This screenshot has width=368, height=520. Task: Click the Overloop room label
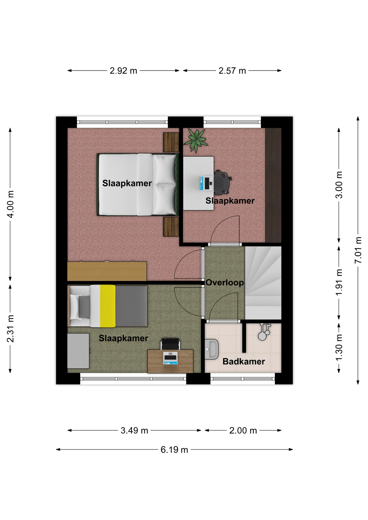click(x=225, y=282)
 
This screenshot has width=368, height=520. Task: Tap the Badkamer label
click(x=244, y=361)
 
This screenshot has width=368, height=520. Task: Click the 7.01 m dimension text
click(x=358, y=250)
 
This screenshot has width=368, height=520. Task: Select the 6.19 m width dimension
click(x=174, y=450)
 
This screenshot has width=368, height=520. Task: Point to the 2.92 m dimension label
click(x=123, y=71)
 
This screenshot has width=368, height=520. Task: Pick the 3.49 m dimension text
click(x=134, y=430)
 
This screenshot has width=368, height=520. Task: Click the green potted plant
click(x=196, y=140)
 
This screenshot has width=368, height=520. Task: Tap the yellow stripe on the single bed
click(x=108, y=306)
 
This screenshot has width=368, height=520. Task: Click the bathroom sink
click(x=211, y=349)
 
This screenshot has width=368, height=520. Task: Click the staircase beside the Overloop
click(x=263, y=283)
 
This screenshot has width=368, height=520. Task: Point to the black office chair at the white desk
click(x=222, y=183)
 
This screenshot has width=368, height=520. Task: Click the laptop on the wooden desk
click(x=170, y=358)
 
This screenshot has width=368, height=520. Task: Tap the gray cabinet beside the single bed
click(x=78, y=351)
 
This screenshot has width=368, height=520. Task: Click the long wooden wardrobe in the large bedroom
click(x=107, y=271)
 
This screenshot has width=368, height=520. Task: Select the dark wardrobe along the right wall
click(x=273, y=185)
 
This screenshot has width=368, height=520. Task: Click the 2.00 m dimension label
click(x=243, y=430)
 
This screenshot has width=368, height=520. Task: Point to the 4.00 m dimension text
click(x=10, y=204)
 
